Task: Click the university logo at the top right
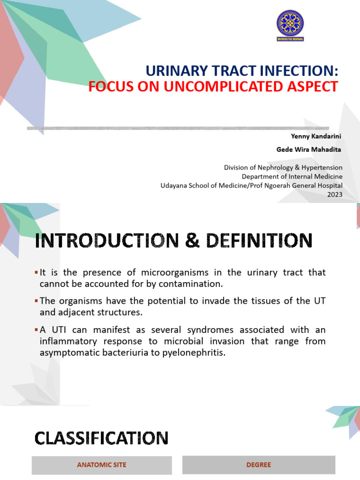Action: [x=290, y=25]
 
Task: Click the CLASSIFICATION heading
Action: [x=101, y=438]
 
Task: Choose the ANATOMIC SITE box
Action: [x=102, y=465]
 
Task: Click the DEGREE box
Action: [x=259, y=465]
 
